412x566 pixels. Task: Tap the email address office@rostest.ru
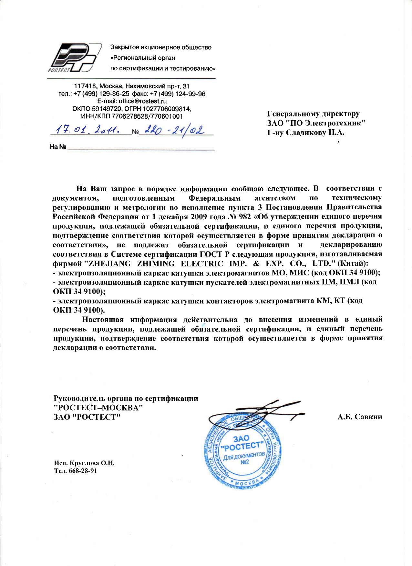click(x=143, y=101)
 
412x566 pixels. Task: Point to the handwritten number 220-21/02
click(x=174, y=130)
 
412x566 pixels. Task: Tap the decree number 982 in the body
click(x=245, y=216)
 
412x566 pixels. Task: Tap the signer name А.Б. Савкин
click(x=360, y=417)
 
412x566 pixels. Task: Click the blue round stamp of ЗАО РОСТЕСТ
click(x=242, y=451)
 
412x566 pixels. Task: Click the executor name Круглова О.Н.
click(x=92, y=463)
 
